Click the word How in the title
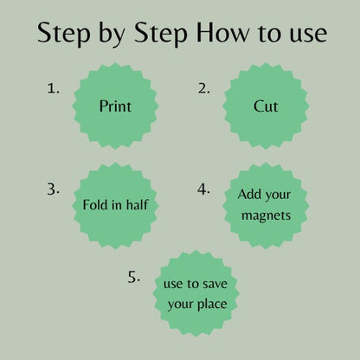[222, 32]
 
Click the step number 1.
[53, 88]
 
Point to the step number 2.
[203, 88]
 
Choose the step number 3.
[53, 190]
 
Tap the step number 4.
[203, 190]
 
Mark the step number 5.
[134, 277]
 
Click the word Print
[115, 106]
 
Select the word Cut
[266, 106]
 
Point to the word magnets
[266, 215]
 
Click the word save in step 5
[215, 284]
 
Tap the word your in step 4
[278, 196]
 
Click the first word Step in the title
[64, 35]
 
